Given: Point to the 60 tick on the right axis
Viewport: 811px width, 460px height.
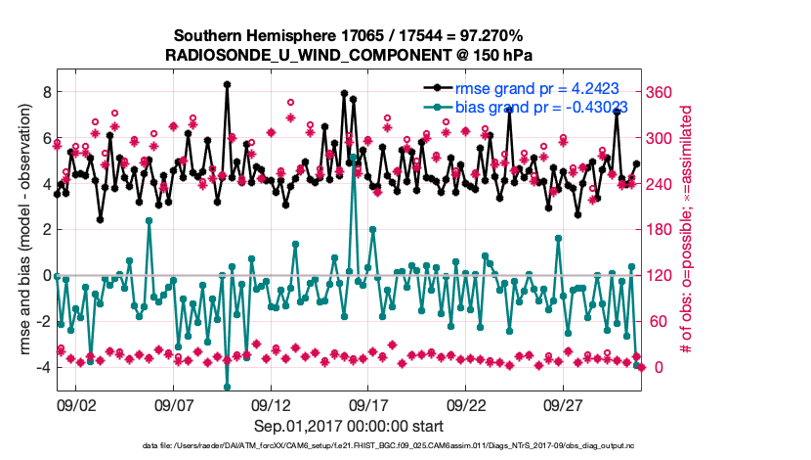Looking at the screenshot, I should (x=664, y=322).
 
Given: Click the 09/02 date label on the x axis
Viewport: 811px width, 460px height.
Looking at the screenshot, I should (x=76, y=404).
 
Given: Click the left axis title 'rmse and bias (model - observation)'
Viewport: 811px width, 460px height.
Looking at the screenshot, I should (x=19, y=230).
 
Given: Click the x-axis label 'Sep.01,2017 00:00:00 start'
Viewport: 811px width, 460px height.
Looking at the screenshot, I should (x=349, y=426).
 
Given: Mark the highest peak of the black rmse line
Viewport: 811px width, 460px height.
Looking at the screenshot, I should (x=227, y=85).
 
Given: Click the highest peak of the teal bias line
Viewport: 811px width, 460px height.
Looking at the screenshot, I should (x=353, y=157).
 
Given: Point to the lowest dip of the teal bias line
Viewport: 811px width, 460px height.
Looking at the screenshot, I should (x=227, y=387).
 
